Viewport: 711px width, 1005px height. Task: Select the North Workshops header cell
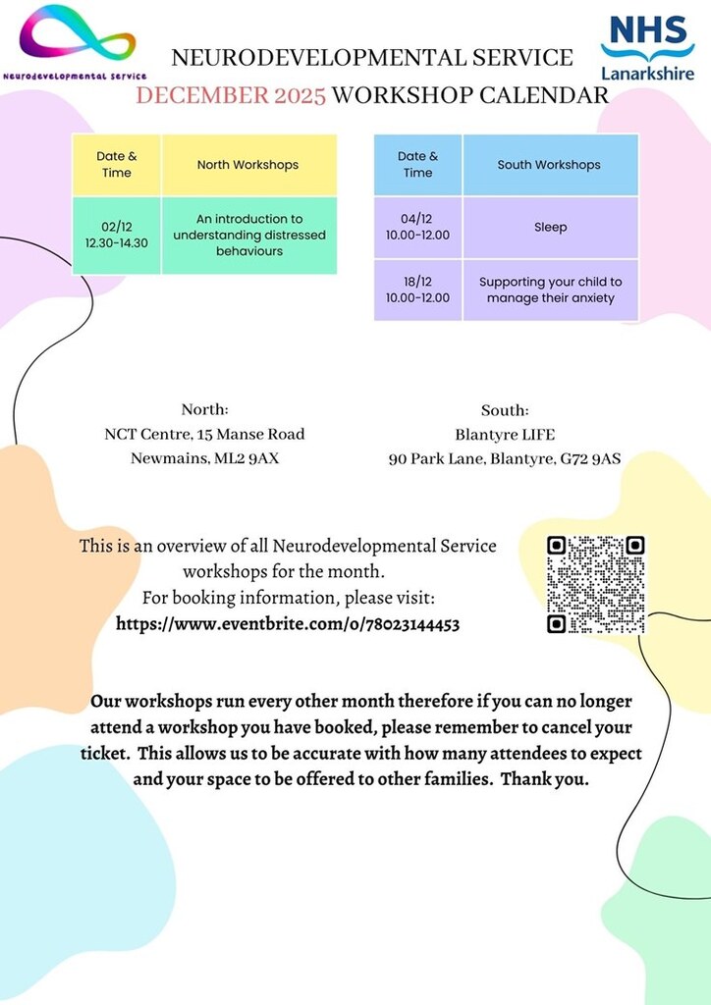tap(247, 165)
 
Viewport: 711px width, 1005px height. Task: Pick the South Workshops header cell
tap(549, 165)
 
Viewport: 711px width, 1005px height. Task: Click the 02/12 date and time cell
tap(117, 236)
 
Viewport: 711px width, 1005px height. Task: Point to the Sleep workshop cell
tap(550, 228)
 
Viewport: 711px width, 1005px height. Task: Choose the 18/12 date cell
tap(417, 290)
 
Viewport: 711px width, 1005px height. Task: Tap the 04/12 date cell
tap(417, 228)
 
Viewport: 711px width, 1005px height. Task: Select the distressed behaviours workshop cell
tap(249, 236)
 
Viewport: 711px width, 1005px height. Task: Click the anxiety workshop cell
tap(550, 290)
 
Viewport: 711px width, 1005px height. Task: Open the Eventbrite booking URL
tap(288, 624)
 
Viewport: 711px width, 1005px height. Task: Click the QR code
tap(596, 584)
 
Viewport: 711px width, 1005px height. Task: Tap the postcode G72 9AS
tap(592, 458)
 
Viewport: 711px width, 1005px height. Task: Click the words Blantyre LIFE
tap(505, 434)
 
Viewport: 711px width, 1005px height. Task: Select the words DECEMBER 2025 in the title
tap(231, 95)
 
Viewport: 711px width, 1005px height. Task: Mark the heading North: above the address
tap(204, 410)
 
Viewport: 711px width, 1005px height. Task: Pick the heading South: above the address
tap(505, 410)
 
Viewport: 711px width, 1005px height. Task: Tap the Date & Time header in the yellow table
tap(117, 165)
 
